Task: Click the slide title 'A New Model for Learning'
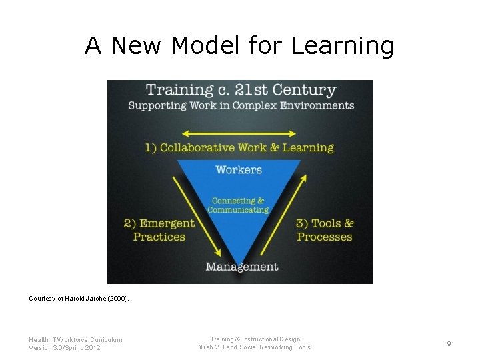(239, 45)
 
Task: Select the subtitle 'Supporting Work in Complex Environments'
(241, 105)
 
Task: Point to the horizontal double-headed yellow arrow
(239, 133)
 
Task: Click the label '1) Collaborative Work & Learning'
(239, 148)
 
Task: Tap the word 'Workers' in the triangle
(239, 170)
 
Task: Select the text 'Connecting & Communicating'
(238, 205)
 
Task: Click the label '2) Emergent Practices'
(159, 230)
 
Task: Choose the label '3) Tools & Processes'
(325, 230)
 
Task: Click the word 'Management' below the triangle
(241, 267)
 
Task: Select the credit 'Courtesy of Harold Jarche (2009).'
(79, 299)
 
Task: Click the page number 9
(449, 343)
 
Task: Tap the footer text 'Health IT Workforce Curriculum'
(75, 339)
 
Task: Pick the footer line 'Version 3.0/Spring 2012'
(65, 347)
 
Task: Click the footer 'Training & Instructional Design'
(255, 339)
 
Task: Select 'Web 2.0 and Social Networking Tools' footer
(255, 347)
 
